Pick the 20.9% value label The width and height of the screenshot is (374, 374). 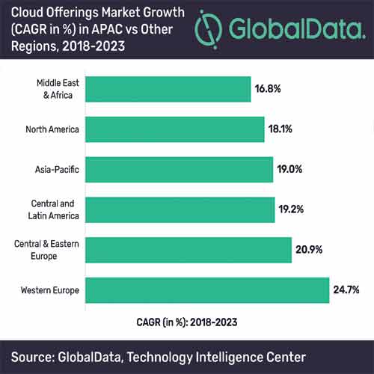(x=308, y=249)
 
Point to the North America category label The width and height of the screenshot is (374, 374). (x=52, y=129)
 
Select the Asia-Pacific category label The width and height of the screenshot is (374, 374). (x=57, y=169)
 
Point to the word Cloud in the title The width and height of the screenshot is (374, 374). (x=25, y=12)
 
